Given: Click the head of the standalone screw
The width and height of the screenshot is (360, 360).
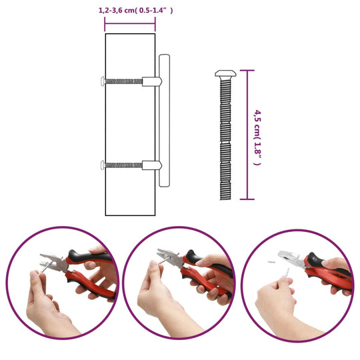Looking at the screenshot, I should pyautogui.click(x=224, y=73).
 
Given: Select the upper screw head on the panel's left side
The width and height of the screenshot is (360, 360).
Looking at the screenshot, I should pyautogui.click(x=102, y=82).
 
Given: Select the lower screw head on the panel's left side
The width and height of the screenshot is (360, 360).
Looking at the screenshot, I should pyautogui.click(x=102, y=165).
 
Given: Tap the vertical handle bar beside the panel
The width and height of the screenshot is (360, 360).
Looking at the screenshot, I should pyautogui.click(x=165, y=123).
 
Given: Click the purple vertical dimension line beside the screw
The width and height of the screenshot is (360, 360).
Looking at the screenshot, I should pyautogui.click(x=248, y=133).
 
